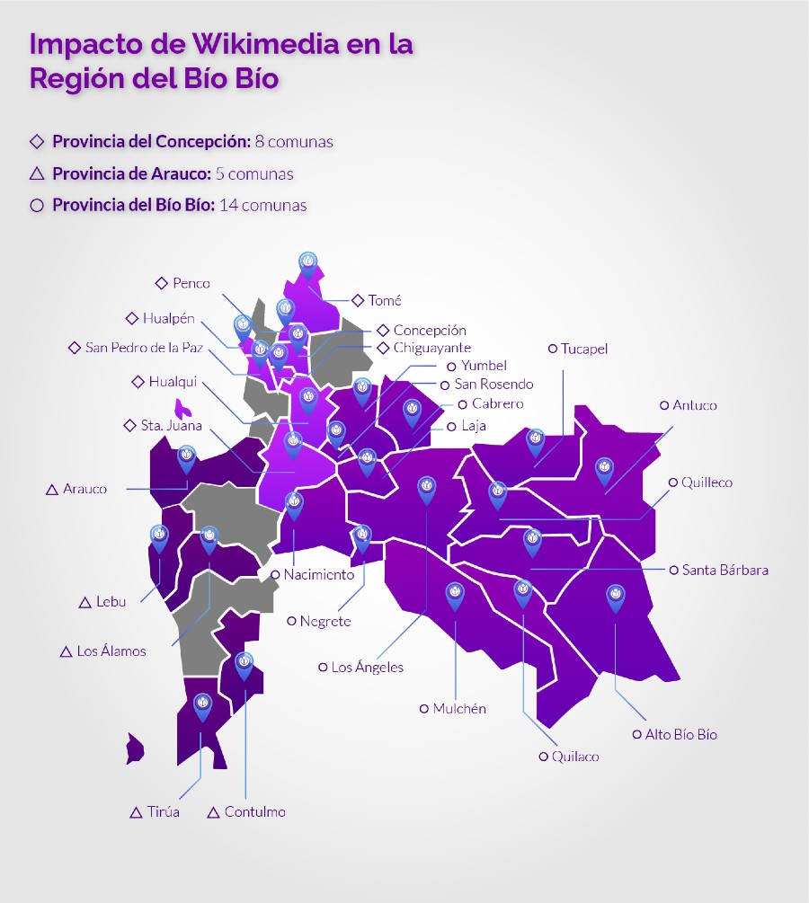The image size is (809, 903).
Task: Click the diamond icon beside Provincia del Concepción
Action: pyautogui.click(x=37, y=141)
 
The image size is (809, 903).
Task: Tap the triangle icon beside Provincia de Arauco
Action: pyautogui.click(x=37, y=173)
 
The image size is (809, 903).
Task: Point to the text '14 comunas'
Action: pyautogui.click(x=262, y=205)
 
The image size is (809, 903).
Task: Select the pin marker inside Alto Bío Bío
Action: pyautogui.click(x=615, y=596)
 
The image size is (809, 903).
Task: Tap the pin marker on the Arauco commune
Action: pyautogui.click(x=186, y=457)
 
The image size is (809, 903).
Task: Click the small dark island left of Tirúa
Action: pyautogui.click(x=136, y=748)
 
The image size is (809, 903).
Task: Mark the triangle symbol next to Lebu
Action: pyautogui.click(x=85, y=602)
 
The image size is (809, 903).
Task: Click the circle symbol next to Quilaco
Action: pyautogui.click(x=543, y=757)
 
